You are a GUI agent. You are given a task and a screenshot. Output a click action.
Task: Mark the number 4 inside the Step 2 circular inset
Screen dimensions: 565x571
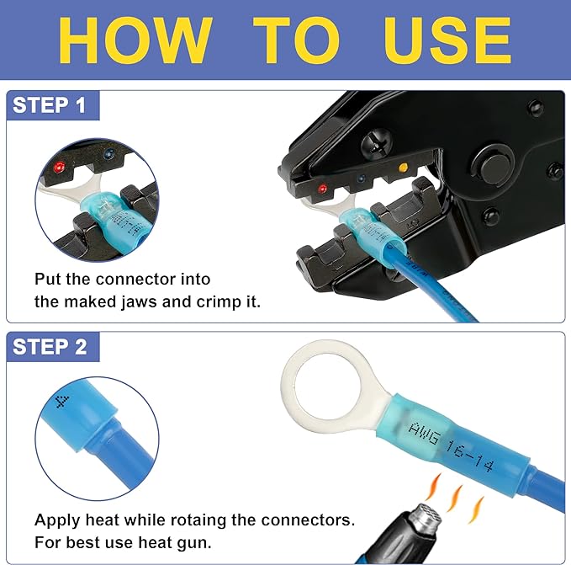pyautogui.click(x=62, y=400)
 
